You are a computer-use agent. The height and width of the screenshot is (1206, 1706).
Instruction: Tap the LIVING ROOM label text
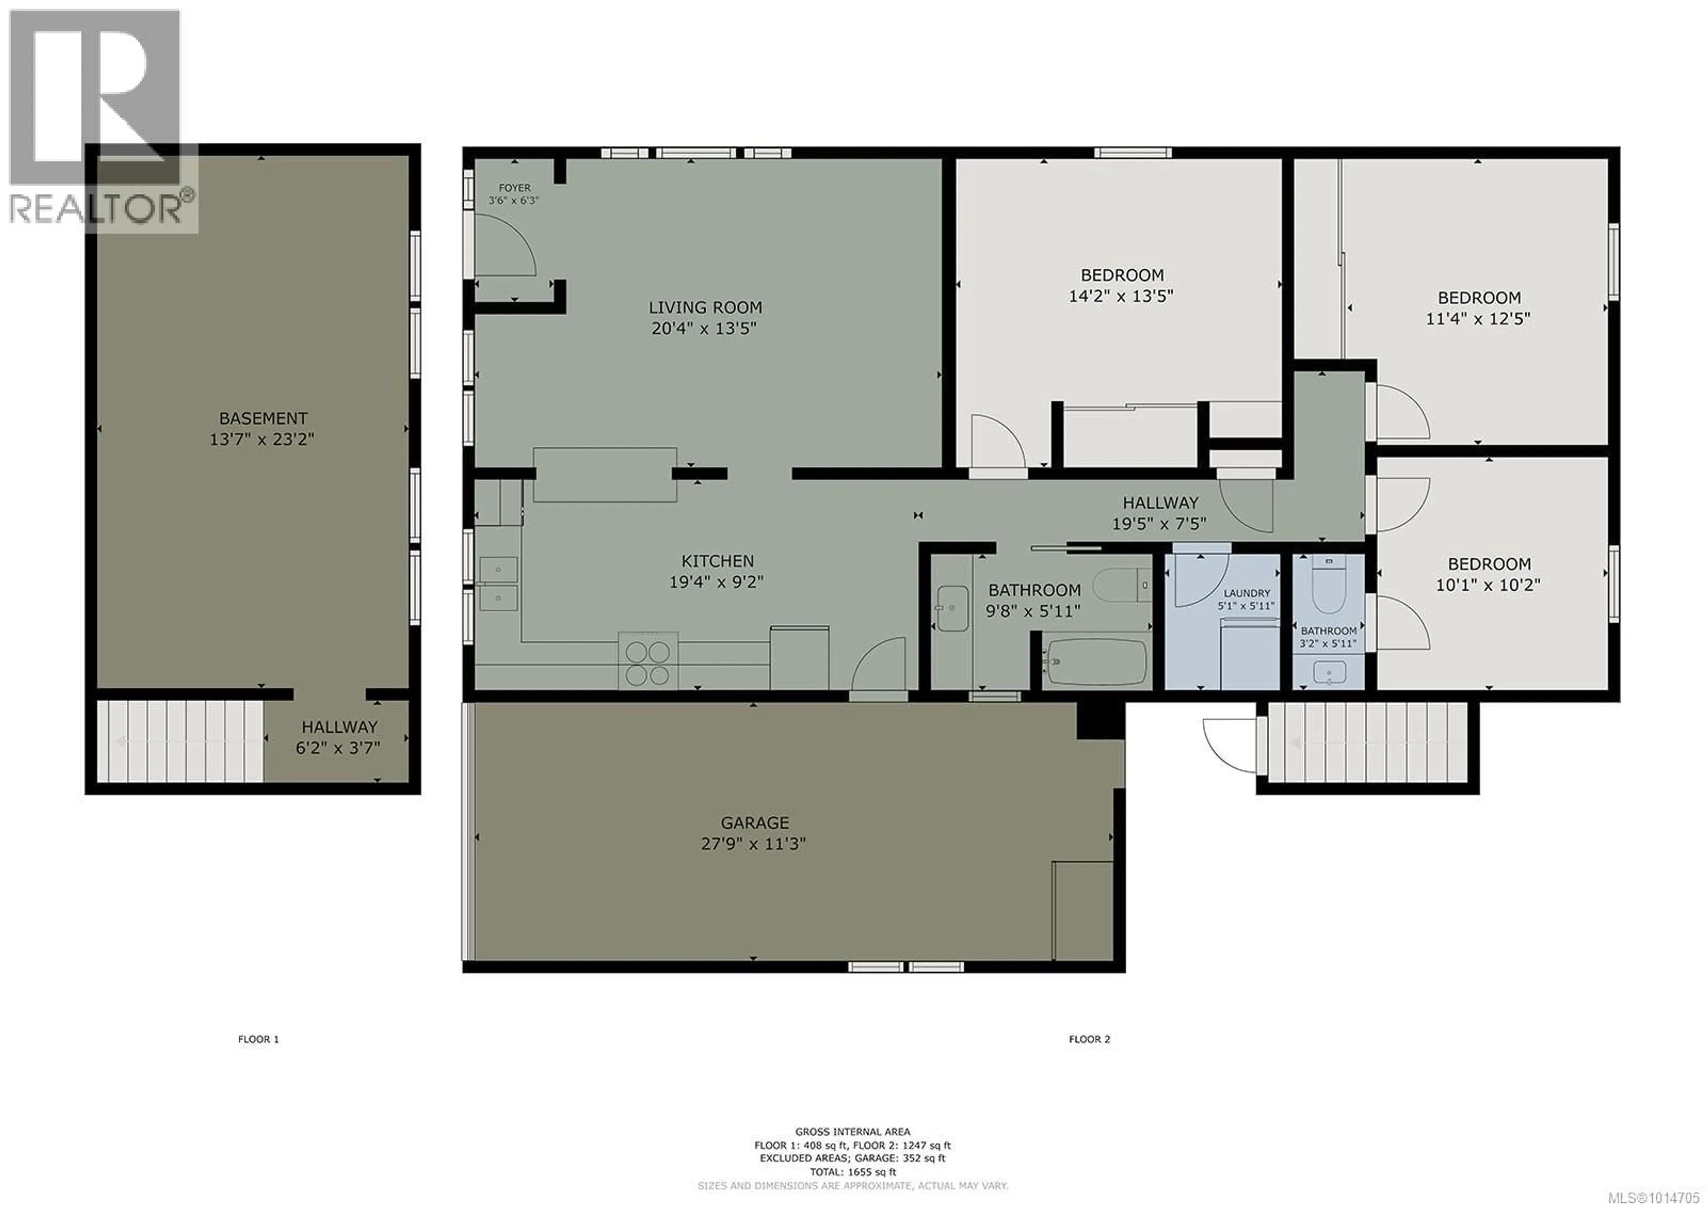[x=705, y=307]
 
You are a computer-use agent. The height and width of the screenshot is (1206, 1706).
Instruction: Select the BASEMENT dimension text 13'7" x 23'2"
[x=262, y=439]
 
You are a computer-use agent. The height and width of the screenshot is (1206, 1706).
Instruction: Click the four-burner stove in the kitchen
[x=648, y=662]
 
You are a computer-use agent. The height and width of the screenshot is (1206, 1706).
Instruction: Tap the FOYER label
[x=514, y=188]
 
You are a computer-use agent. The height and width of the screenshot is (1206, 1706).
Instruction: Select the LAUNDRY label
[x=1247, y=593]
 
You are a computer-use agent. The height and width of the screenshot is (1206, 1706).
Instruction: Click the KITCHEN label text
[x=718, y=561]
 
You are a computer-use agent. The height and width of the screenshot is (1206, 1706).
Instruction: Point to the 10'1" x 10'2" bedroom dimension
[x=1487, y=585]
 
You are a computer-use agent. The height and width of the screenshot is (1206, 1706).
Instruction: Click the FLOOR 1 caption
[x=259, y=1039]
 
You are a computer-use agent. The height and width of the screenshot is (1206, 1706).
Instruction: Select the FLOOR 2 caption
[x=1089, y=1039]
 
